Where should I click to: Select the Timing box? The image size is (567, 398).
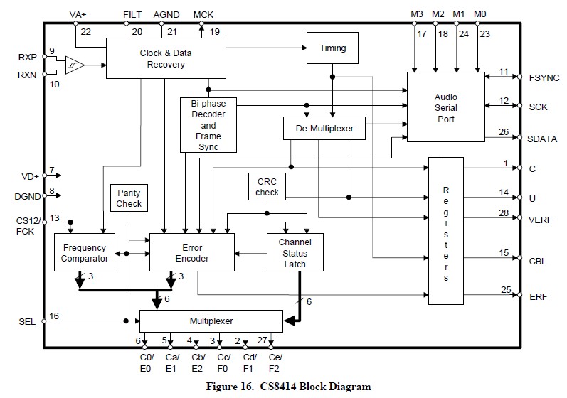coord(332,48)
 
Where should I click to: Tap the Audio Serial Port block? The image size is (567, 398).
coord(445,108)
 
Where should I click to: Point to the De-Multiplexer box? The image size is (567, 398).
coord(324,129)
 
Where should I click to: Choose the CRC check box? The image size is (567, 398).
coord(267,187)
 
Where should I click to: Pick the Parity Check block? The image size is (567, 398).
coord(129,198)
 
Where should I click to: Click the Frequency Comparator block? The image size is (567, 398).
coord(84,252)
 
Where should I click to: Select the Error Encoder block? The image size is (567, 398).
coord(192,252)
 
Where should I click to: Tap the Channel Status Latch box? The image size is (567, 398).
coord(295,252)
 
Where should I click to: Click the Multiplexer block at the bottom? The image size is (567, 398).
coord(211,321)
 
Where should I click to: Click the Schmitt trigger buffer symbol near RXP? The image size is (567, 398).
coord(75,65)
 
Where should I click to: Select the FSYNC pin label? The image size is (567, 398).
coord(544,77)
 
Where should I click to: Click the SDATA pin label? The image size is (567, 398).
coord(543,139)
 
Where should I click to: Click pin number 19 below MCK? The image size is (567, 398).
coord(215,31)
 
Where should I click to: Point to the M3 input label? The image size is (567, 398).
coord(416,14)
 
